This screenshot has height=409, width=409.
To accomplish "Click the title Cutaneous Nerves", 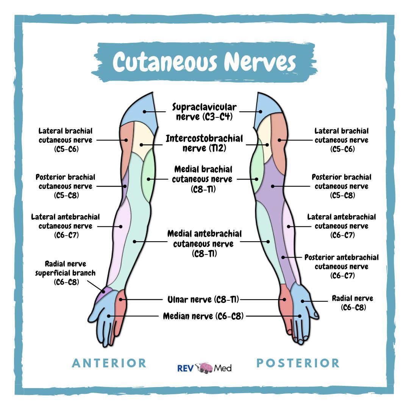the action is tap(204, 62).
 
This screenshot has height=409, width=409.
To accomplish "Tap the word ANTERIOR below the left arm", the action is tap(109, 363).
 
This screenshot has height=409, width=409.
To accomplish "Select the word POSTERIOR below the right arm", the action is tap(298, 363).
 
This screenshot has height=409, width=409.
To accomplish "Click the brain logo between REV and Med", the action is tap(204, 368).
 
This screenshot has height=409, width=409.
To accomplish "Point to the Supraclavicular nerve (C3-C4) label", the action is tap(204, 112).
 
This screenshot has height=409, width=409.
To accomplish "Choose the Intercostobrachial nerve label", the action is tap(204, 143).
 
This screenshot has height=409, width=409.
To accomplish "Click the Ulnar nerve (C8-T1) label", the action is tap(203, 300).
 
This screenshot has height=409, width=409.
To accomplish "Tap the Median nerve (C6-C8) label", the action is tap(203, 316).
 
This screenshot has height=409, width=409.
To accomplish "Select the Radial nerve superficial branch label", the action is tap(66, 273).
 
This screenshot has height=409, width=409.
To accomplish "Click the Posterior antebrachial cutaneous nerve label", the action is tap(342, 266).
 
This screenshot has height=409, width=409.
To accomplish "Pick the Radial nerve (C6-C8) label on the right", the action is tap(353, 303).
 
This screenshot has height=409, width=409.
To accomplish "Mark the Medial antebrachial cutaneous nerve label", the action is tap(204, 244).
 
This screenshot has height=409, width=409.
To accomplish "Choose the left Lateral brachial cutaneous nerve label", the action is tap(66, 140).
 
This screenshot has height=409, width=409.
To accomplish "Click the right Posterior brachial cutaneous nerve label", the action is tap(342, 186).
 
